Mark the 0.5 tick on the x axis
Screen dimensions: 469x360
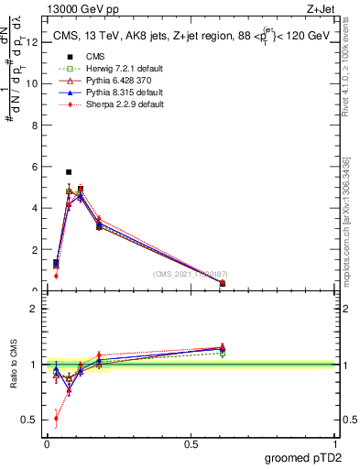point(191,442)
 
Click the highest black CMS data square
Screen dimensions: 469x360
point(69,171)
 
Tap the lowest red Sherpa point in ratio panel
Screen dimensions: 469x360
point(56,418)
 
